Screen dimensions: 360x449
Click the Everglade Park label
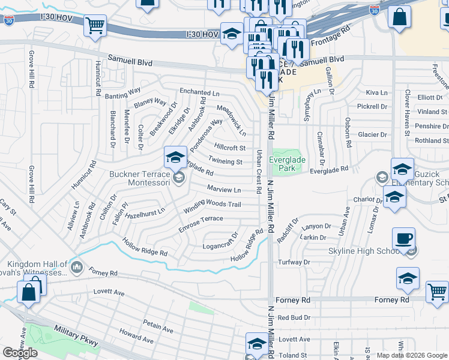pos(287,164)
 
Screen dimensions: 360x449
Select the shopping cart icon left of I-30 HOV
pos(95,26)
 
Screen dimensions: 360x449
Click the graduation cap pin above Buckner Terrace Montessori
pos(175,158)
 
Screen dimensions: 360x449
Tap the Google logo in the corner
pos(19,353)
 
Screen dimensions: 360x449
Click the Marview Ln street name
pos(223,190)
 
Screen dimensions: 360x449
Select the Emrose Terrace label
pos(200,224)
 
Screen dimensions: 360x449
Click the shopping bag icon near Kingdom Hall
pos(28,293)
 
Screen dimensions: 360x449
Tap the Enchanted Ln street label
pos(199,93)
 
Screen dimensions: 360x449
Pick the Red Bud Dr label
pos(294,317)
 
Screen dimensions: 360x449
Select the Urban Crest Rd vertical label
pos(259,172)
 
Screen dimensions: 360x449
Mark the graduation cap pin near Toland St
pos(257,344)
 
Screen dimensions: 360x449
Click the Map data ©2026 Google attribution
pos(412,355)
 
